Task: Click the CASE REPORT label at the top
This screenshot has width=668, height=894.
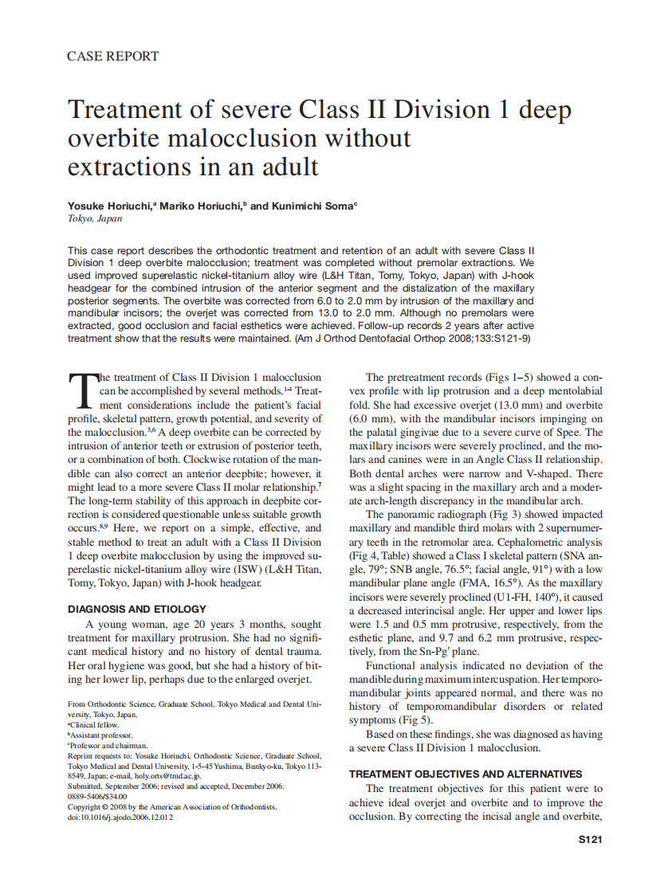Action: (112, 56)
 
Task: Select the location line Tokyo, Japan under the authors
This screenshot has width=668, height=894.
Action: (95, 218)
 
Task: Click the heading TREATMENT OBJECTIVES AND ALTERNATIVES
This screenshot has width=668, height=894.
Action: (466, 773)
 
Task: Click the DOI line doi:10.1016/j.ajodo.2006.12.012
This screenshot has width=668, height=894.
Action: (120, 818)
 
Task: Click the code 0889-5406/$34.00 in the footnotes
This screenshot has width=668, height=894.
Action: (97, 796)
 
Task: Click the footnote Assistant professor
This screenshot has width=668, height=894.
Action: (102, 735)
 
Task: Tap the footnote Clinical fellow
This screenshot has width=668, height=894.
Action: (94, 725)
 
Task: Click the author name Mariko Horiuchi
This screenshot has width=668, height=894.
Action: (202, 206)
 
